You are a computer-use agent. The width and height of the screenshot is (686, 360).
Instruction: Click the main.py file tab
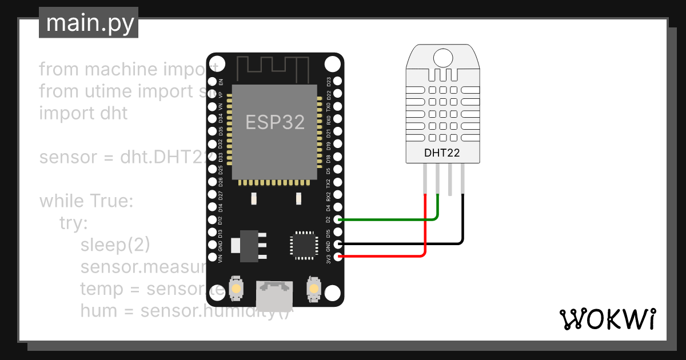point(89,23)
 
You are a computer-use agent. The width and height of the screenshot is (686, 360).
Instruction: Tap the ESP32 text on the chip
point(275,122)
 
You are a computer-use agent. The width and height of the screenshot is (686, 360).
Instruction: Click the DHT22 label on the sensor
point(442,153)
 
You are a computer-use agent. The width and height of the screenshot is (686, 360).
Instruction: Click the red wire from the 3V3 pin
point(389,257)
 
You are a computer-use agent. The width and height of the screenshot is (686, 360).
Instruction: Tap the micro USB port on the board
point(275,294)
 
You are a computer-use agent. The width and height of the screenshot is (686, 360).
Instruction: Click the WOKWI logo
point(607,319)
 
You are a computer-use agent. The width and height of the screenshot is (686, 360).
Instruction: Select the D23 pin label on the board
point(329,81)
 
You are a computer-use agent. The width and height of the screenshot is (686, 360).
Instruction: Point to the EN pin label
point(221,82)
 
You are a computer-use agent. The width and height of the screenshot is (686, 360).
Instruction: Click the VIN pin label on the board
point(221,258)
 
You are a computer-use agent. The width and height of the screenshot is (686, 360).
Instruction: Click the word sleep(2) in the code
point(115,245)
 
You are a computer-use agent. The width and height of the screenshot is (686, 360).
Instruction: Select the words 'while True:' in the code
point(86,201)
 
